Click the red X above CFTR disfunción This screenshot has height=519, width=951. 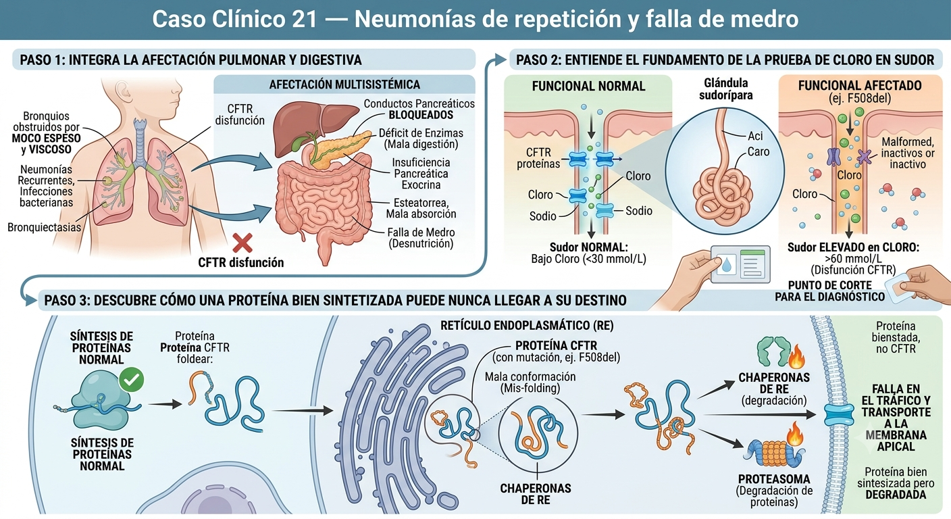tap(242, 243)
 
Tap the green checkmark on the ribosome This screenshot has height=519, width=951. tap(132, 380)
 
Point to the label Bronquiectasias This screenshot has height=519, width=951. tap(44, 227)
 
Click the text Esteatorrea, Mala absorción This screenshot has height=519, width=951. tap(421, 208)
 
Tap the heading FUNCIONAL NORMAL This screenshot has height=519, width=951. tap(588, 86)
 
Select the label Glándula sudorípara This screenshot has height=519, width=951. tap(725, 89)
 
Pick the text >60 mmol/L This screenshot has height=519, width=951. tap(853, 259)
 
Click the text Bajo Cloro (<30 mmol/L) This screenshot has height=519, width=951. tap(588, 259)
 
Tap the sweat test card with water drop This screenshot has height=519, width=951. tap(740, 264)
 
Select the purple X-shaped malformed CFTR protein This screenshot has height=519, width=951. tap(865, 157)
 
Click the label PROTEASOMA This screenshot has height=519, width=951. tap(774, 479)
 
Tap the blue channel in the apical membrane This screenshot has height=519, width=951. tap(839, 415)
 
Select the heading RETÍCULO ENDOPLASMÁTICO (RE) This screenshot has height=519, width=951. tap(527, 326)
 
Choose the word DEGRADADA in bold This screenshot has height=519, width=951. tap(896, 495)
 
